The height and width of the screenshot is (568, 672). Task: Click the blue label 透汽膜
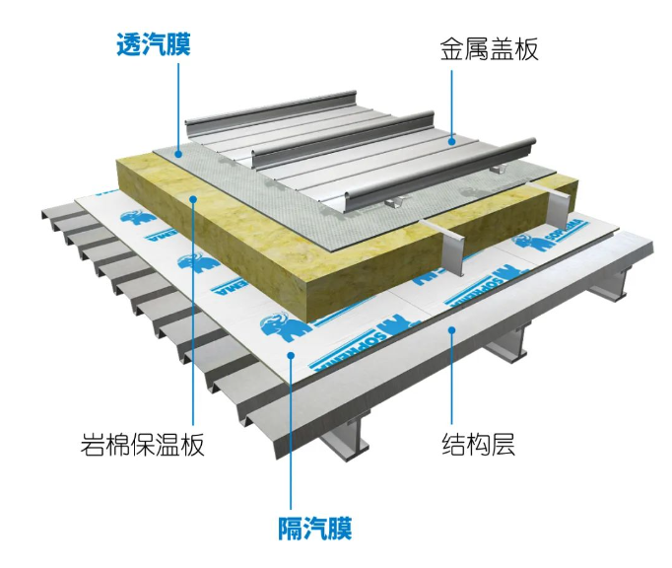(x=153, y=44)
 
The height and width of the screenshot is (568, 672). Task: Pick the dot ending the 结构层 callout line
(x=452, y=331)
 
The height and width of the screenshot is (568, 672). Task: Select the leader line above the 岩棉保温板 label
(x=195, y=316)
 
